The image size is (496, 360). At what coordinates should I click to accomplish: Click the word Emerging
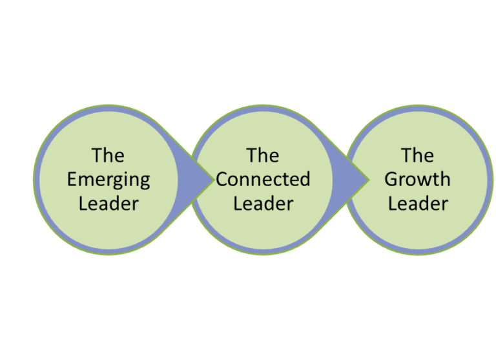point(108,180)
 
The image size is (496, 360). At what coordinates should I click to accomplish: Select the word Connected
point(263,180)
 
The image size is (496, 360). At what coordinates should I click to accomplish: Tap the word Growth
point(417,180)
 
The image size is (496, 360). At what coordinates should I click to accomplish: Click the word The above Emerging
point(108,156)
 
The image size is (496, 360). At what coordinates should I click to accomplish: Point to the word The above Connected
point(263,156)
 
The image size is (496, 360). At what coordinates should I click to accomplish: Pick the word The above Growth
point(417,156)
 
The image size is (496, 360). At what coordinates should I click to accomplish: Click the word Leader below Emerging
point(108,204)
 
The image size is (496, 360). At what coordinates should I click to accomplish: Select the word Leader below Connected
point(263,204)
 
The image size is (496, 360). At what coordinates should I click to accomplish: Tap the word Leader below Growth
point(418,204)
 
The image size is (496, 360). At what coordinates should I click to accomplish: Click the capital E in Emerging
point(72,179)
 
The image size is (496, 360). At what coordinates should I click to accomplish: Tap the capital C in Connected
point(222,179)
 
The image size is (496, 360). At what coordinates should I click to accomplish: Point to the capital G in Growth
point(391,179)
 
